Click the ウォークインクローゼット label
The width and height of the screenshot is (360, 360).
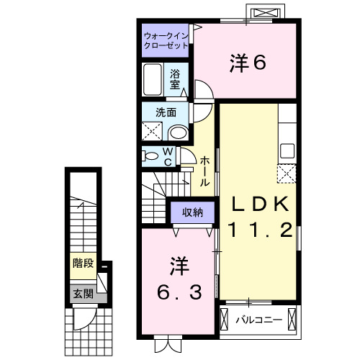point(166,40)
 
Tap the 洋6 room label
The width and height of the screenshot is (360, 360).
point(248,63)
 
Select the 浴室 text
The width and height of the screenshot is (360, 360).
point(176,78)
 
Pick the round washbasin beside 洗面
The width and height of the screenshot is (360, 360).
point(178,131)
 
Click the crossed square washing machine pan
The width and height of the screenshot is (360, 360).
point(152,131)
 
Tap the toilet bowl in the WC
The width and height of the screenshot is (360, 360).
point(151,156)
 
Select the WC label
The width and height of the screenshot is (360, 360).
point(167,156)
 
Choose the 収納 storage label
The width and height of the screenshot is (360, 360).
point(192,212)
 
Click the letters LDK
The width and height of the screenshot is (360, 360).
point(260,204)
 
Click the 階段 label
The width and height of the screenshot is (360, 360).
point(82,264)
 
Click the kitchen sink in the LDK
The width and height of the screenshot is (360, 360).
point(287,152)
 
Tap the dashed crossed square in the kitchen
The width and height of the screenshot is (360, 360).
point(287,173)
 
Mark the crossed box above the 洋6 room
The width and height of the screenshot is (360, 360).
point(261,13)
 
